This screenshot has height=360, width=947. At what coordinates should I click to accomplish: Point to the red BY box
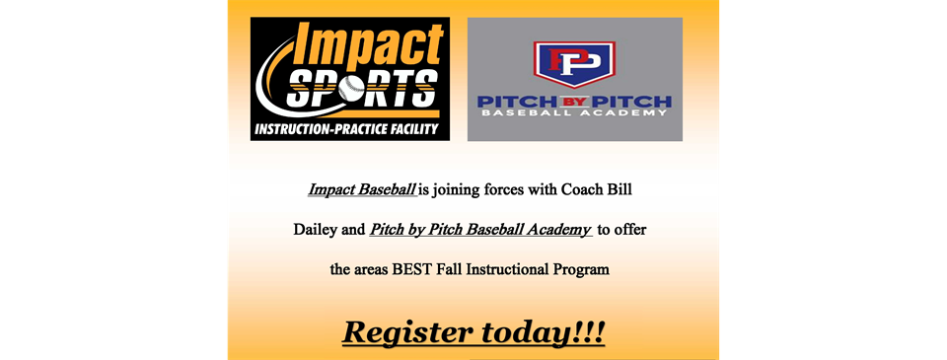coord(574,101)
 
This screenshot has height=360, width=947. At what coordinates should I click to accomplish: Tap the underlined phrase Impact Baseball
coord(362,188)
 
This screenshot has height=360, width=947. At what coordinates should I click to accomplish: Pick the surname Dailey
coord(317,230)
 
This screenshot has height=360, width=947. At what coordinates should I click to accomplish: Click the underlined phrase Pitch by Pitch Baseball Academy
coord(480,230)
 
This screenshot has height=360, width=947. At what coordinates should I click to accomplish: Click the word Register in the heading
coord(407,332)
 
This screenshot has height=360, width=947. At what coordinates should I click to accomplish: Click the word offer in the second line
coord(629,230)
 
